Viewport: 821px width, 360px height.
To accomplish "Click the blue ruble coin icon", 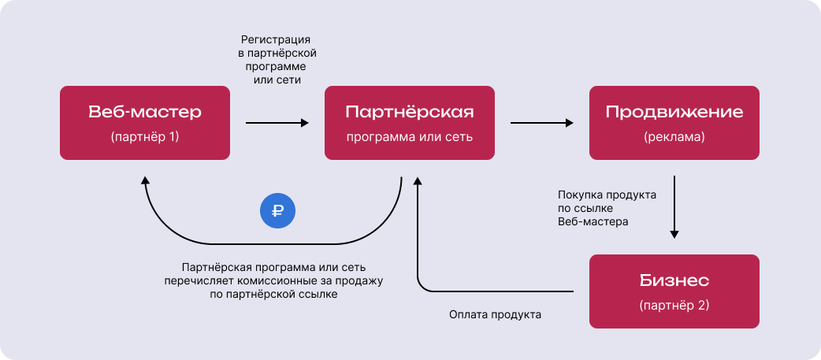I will point(277,210).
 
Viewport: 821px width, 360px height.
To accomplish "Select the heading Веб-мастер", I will point(145,112).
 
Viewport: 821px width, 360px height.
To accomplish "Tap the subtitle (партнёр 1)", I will point(145,136).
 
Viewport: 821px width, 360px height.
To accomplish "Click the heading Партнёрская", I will point(410,112).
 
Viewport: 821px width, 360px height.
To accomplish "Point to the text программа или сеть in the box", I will point(410,136).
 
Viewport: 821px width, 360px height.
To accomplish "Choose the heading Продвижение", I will point(674,112).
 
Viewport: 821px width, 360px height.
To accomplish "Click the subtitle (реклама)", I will point(674,136).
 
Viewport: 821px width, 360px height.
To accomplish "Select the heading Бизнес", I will point(674,280).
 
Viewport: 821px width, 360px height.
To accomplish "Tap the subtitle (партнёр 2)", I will point(674,304).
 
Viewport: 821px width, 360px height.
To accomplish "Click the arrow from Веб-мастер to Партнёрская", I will point(277,123).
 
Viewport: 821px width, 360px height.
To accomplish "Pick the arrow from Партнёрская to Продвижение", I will point(541,123).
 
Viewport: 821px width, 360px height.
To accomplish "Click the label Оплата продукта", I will point(495,314).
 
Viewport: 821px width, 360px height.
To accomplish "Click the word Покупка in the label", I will point(579,194).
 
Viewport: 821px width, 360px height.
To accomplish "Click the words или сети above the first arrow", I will point(278,80).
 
